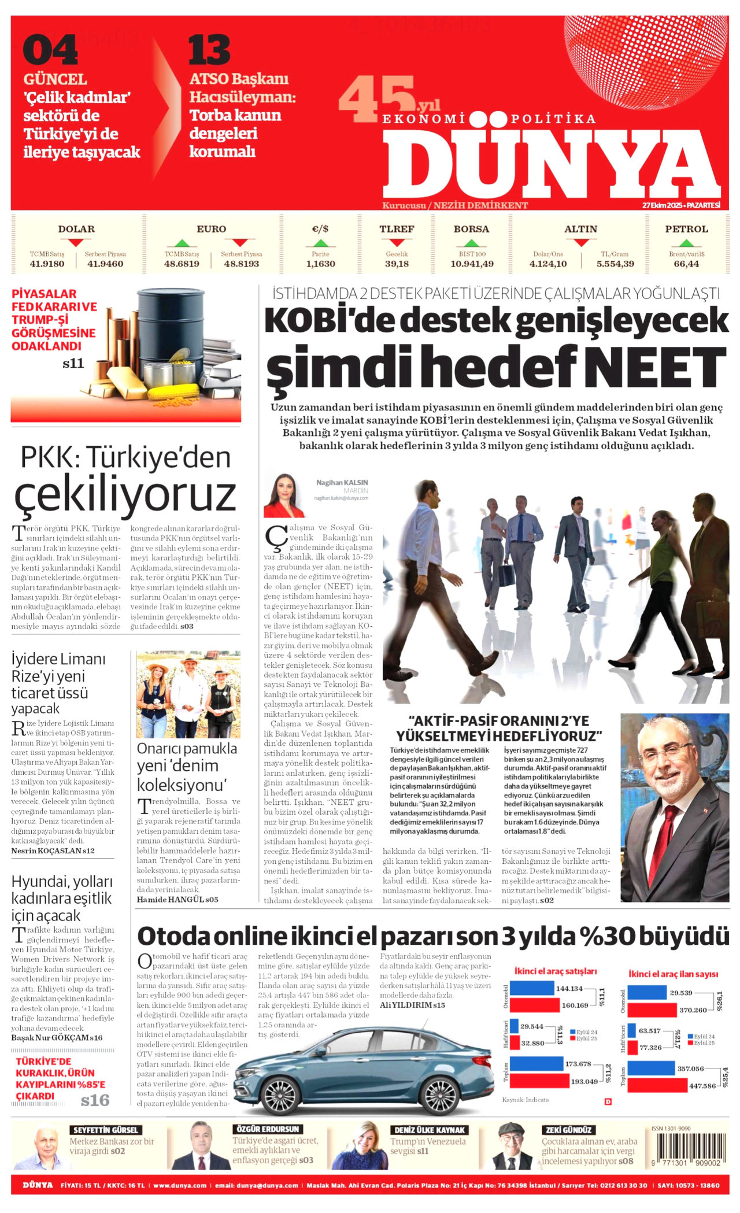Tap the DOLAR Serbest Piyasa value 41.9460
tap(105, 264)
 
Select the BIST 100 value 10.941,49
tap(472, 264)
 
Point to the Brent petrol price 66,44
tap(686, 264)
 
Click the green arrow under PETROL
tap(686, 243)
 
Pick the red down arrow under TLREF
tap(397, 243)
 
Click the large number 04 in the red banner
tap(50, 50)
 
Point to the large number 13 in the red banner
tap(209, 50)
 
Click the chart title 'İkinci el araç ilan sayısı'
tap(673, 974)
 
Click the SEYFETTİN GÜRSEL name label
tap(105, 1130)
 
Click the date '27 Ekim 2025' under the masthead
tap(661, 205)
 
